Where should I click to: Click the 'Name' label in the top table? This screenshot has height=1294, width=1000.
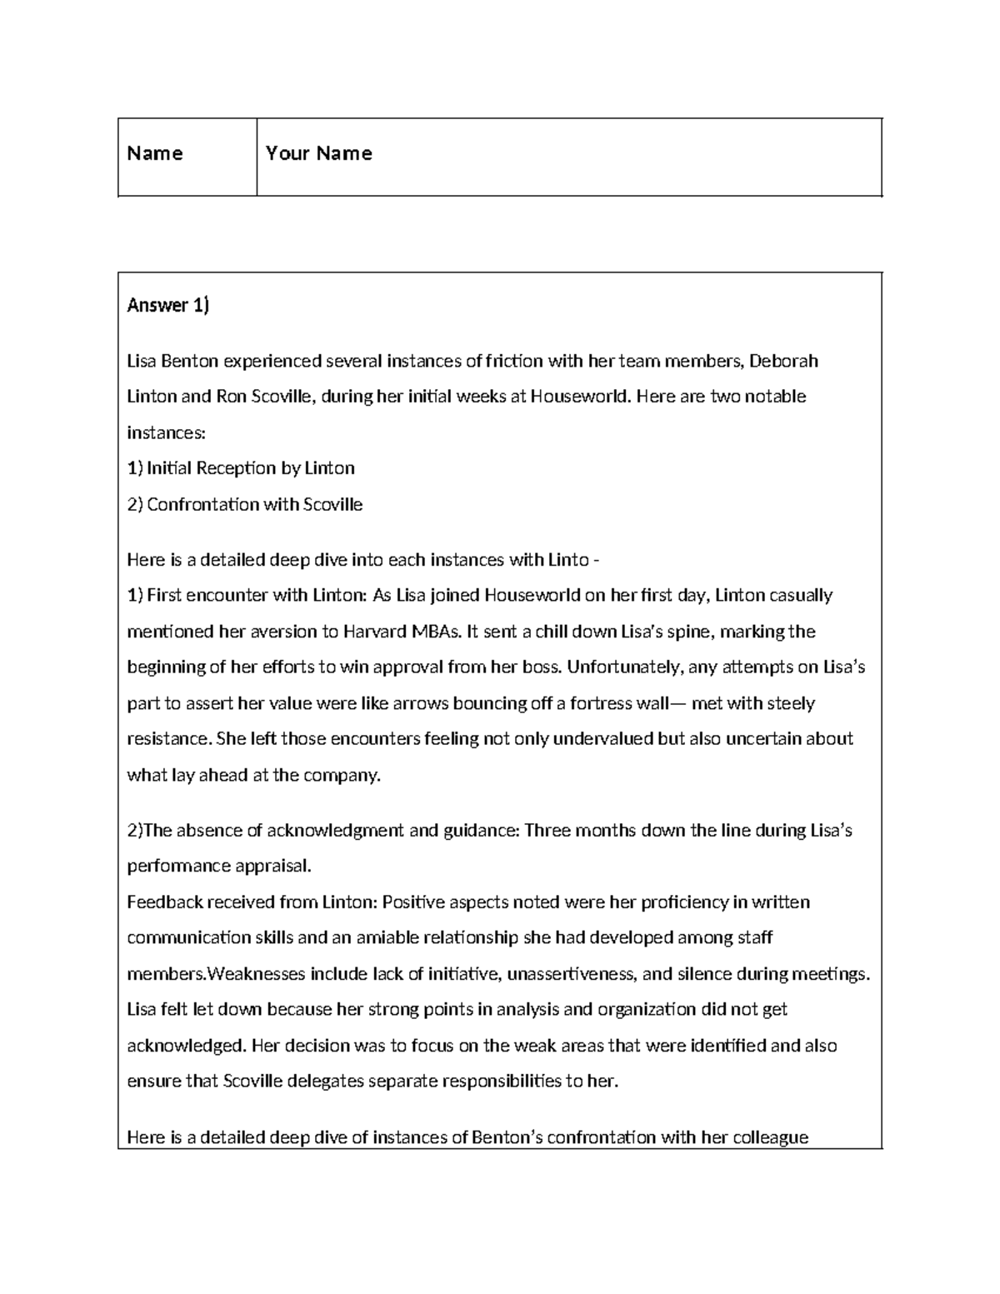154,153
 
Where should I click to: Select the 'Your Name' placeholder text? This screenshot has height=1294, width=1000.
318,153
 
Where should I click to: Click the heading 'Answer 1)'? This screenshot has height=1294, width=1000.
167,306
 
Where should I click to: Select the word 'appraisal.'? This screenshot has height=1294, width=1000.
267,867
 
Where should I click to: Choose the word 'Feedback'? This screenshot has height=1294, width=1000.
164,902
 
